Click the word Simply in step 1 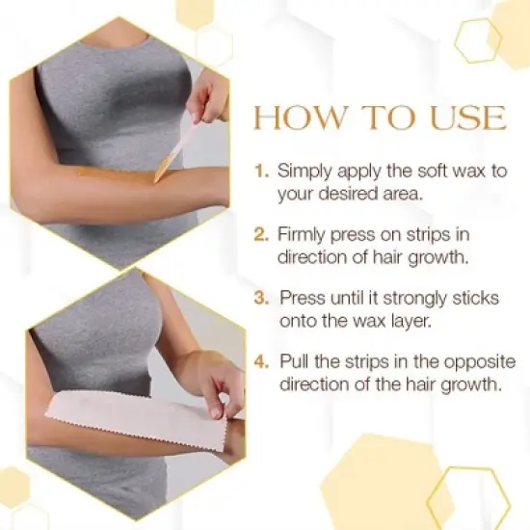pyautogui.click(x=303, y=172)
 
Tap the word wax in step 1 pyautogui.click(x=464, y=171)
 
